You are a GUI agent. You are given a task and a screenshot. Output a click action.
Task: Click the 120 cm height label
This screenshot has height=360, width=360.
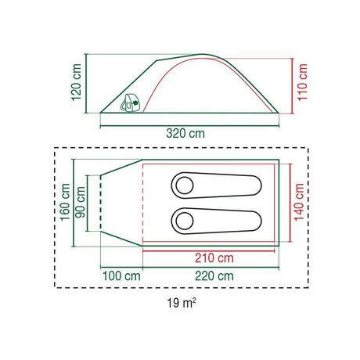point(77,82)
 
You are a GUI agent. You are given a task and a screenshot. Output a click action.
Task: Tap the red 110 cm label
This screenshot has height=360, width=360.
point(303,82)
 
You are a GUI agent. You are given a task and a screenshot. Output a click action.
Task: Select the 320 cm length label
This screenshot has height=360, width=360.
point(185,134)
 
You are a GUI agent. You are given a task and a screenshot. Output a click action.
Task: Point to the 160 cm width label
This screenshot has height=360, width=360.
point(65,202)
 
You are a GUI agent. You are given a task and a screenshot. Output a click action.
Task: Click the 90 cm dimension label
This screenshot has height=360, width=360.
point(80,203)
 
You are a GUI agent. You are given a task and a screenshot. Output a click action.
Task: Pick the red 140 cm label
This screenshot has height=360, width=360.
point(299,202)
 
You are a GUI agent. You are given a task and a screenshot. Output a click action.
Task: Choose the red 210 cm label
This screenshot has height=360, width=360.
point(214,258)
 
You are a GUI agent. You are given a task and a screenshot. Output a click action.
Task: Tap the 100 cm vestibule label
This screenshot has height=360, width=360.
point(121,276)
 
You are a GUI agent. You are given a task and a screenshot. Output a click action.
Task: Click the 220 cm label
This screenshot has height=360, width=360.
point(214,276)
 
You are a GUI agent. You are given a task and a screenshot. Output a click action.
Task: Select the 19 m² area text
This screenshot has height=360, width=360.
point(182,303)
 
